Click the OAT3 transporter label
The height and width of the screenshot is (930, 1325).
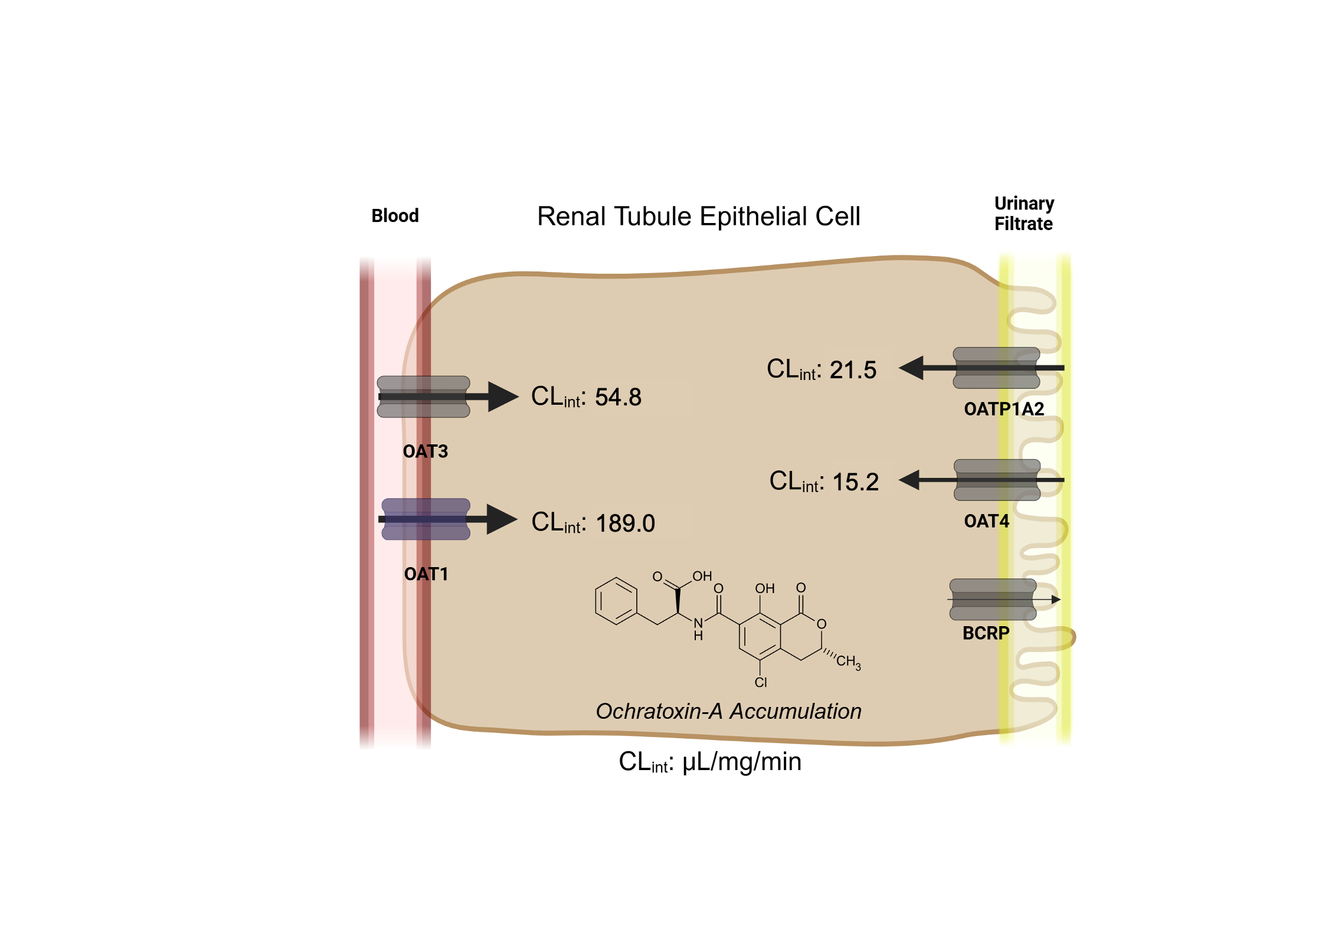point(425,451)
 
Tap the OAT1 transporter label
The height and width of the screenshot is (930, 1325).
point(426,574)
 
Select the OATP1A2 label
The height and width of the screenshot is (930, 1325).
point(1003,408)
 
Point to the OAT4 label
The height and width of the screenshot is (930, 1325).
point(986,521)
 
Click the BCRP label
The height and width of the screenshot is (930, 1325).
point(986,633)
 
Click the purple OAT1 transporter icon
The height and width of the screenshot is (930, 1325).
point(426,519)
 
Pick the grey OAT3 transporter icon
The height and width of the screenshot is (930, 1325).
point(423,397)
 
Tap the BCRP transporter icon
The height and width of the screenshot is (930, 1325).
point(993,600)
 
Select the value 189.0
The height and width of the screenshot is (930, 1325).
point(625,523)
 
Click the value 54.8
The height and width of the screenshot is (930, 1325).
point(618,397)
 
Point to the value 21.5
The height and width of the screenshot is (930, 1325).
point(853,370)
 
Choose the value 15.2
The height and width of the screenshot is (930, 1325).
point(855,482)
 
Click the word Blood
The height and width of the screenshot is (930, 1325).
point(395,215)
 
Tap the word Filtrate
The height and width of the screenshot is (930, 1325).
point(1023,224)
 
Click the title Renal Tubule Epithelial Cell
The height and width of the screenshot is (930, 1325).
point(698,216)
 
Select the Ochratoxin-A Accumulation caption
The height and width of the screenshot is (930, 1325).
point(728,711)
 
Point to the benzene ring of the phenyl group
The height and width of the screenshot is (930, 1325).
point(616,601)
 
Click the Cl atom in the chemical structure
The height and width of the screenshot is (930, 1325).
point(761,683)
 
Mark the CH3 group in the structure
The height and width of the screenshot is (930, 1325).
point(848,662)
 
